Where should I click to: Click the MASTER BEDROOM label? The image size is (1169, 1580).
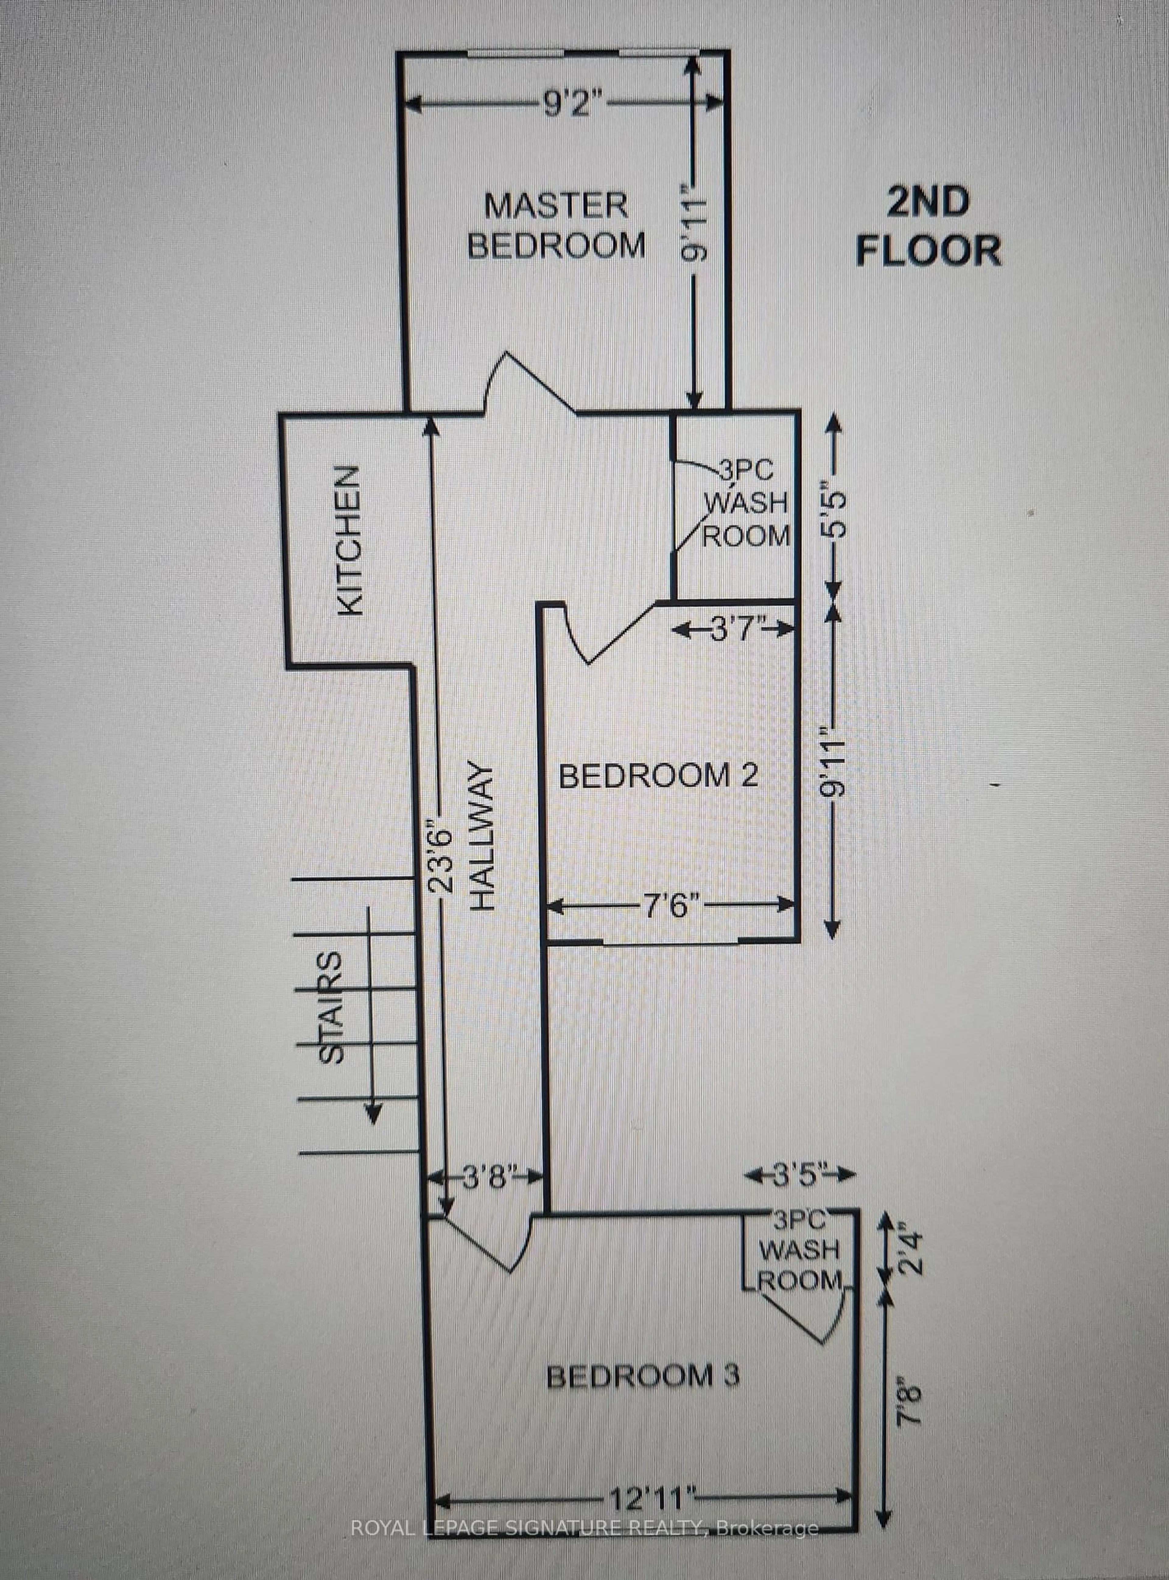point(556,226)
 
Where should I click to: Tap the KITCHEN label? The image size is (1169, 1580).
point(349,540)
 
